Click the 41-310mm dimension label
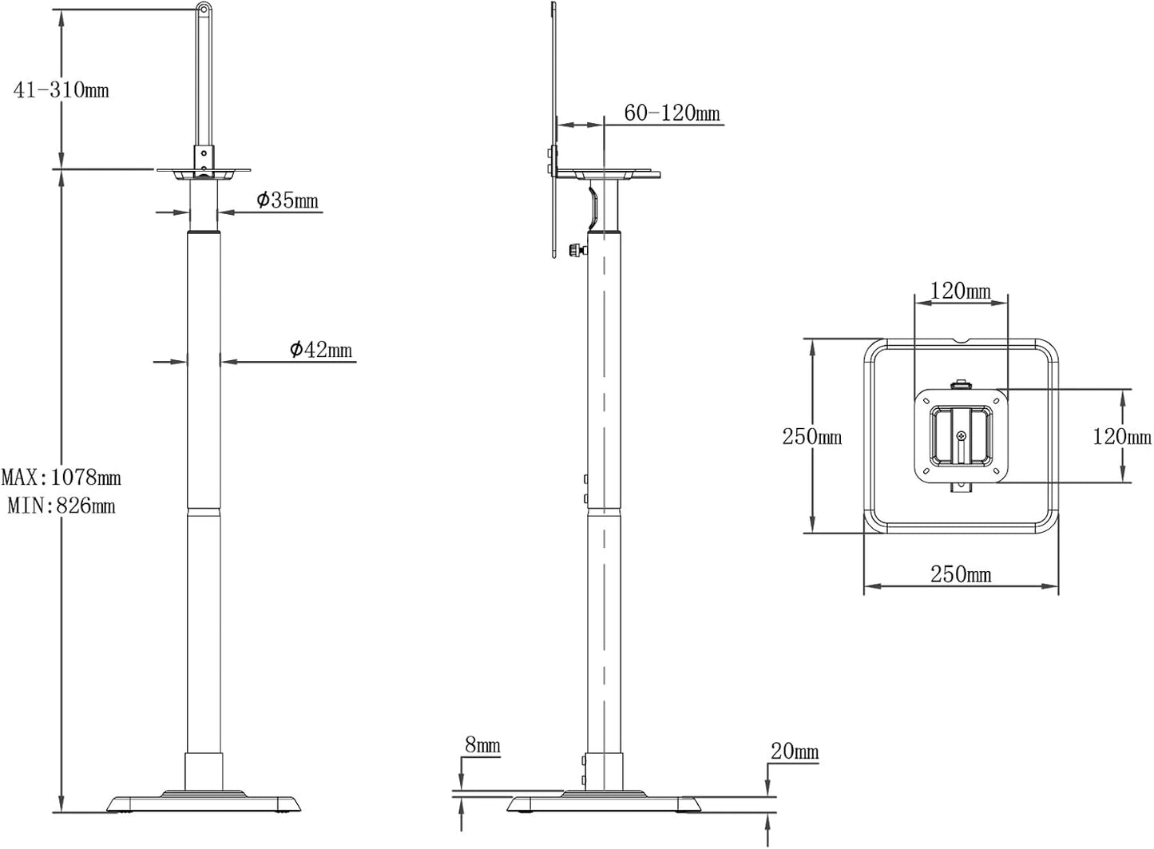[x=61, y=89]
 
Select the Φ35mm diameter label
[x=288, y=200]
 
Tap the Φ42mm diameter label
[x=320, y=350]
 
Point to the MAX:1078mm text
[x=61, y=478]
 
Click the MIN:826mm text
[x=61, y=506]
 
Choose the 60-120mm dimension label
[x=672, y=114]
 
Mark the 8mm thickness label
[x=482, y=746]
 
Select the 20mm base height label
[x=795, y=751]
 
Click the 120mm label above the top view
[x=961, y=291]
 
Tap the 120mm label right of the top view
[x=1122, y=436]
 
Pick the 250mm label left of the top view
[x=811, y=436]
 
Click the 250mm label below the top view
[x=961, y=574]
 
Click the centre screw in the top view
[x=961, y=436]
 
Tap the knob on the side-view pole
[x=574, y=251]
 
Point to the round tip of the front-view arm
[x=204, y=10]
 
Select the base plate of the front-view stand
[x=204, y=801]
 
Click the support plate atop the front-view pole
[x=204, y=171]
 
